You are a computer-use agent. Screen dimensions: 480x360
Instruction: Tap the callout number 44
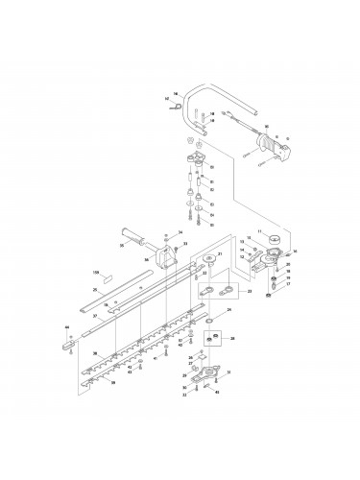point(66,328)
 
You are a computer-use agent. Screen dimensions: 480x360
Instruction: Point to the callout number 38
point(94,354)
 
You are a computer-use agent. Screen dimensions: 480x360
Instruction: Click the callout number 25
point(94,289)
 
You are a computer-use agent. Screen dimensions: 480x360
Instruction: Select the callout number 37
point(94,316)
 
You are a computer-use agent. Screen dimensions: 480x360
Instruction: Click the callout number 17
point(288,285)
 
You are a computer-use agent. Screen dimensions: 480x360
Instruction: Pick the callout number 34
point(179,232)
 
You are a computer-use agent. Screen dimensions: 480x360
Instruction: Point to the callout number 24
point(229,310)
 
